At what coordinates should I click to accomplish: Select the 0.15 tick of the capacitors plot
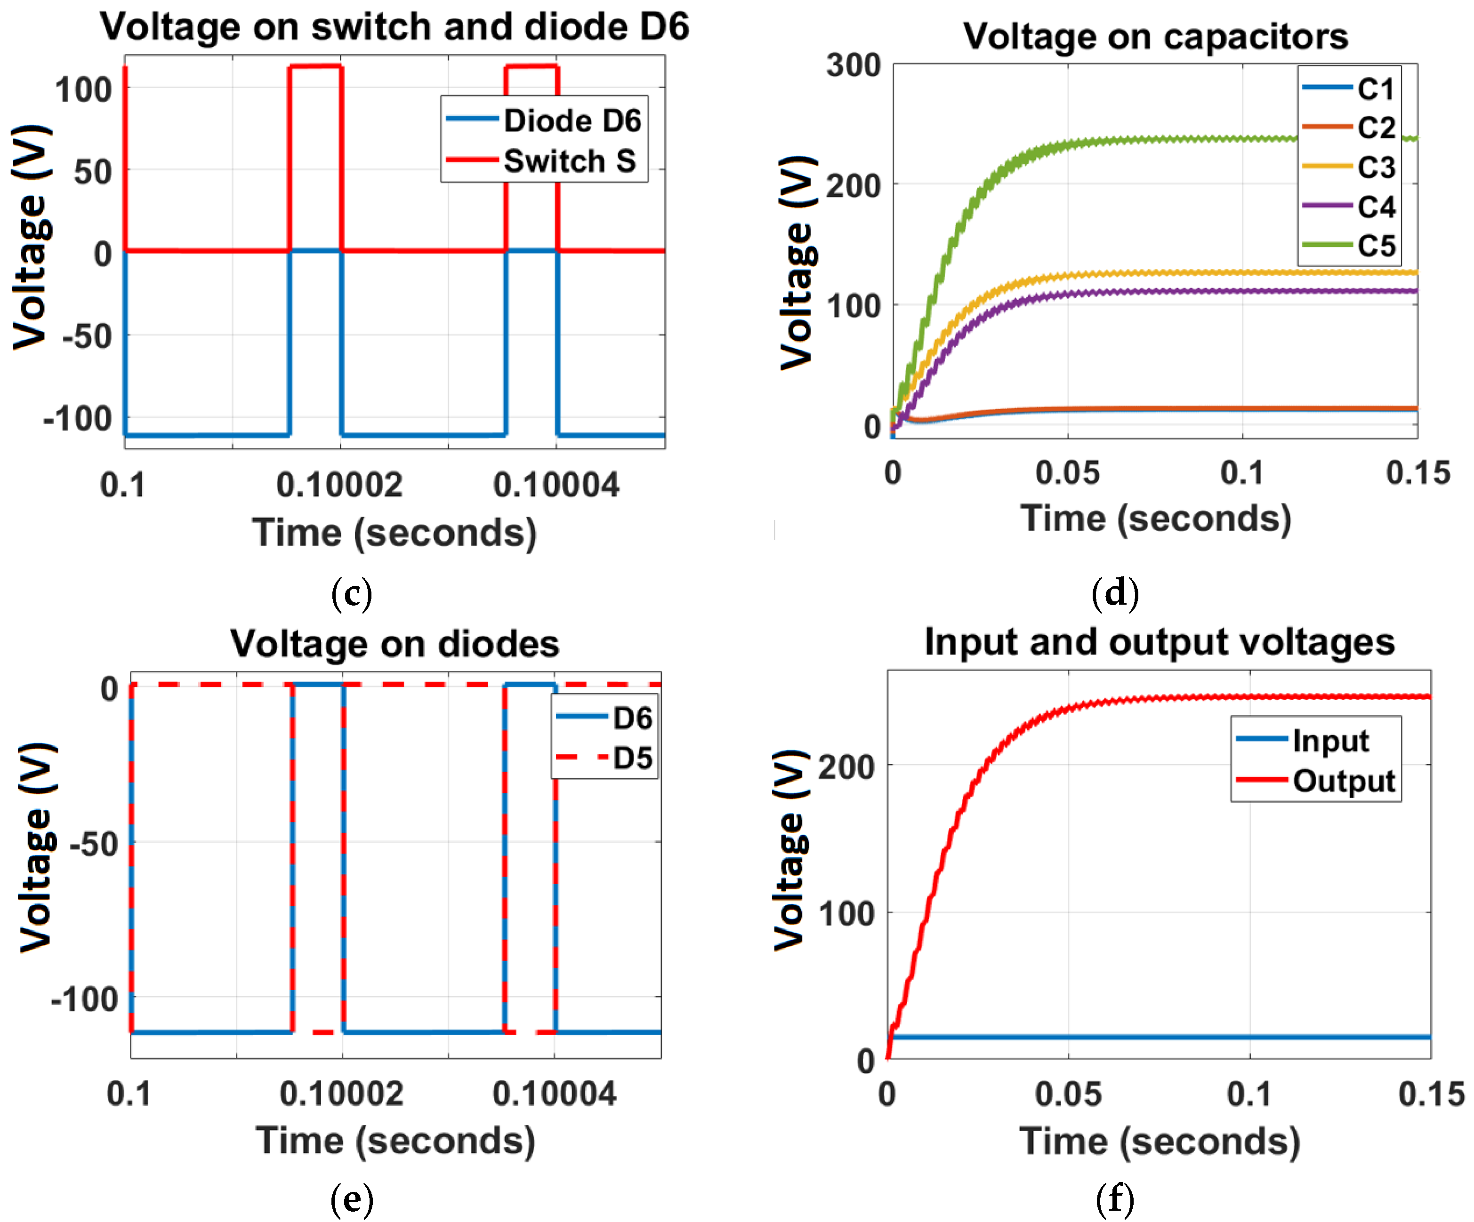1417,473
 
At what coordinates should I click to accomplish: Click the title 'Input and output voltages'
1160,641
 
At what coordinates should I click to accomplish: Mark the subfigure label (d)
1115,593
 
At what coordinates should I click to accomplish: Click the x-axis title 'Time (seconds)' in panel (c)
395,533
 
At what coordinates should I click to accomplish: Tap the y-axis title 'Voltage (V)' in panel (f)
789,849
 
